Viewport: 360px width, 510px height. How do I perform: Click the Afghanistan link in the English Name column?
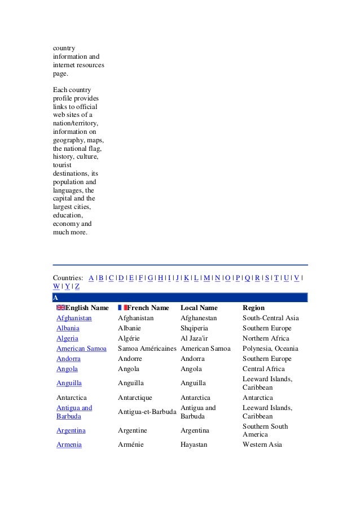click(74, 318)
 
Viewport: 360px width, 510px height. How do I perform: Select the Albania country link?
click(68, 328)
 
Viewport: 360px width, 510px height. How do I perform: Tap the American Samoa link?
click(81, 348)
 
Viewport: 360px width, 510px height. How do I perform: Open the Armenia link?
click(69, 444)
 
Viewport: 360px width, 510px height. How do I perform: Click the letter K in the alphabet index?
click(186, 277)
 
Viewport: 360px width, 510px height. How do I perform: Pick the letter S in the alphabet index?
click(267, 277)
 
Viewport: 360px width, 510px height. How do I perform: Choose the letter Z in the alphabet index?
click(77, 286)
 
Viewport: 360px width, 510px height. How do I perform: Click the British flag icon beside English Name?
click(61, 308)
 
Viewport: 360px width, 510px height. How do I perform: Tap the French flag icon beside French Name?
click(122, 308)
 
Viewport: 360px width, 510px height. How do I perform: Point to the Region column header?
click(253, 308)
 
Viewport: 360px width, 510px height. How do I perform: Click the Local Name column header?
click(199, 308)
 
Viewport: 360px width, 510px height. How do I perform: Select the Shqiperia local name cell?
click(195, 328)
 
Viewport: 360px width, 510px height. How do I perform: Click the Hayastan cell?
click(194, 444)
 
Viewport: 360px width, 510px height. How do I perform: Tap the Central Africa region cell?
click(262, 369)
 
